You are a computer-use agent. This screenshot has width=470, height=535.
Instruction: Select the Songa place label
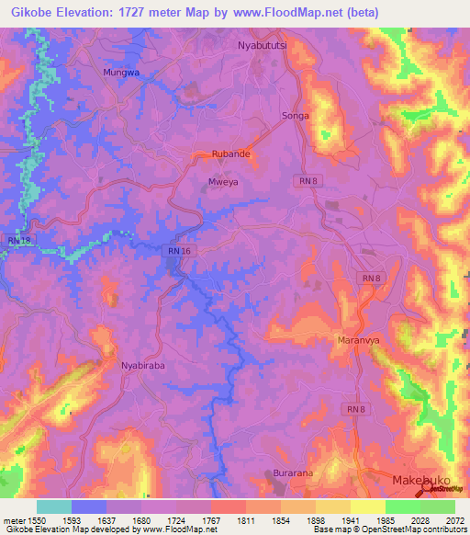[295, 116]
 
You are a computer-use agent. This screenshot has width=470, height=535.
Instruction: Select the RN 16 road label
[180, 250]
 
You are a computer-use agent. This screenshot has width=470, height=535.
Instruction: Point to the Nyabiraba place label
[142, 365]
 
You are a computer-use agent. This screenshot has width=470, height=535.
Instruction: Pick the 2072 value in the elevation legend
[454, 518]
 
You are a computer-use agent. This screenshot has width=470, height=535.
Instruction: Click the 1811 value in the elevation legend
[245, 518]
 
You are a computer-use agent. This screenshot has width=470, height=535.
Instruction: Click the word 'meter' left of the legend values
[13, 518]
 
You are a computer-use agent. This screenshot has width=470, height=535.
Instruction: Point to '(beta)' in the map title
[355, 12]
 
